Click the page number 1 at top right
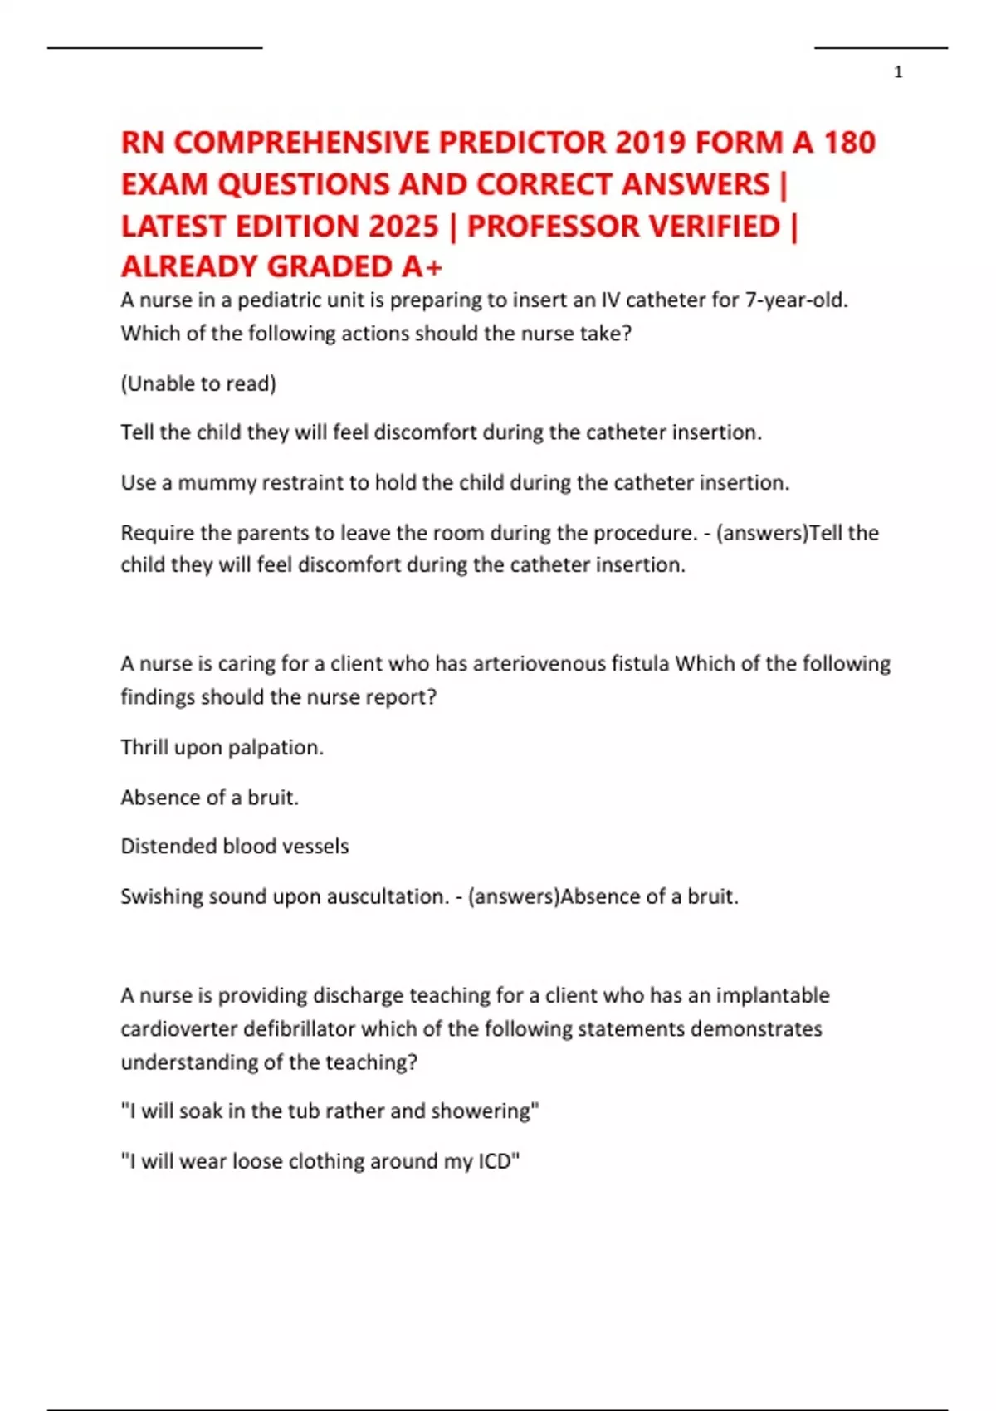tap(898, 72)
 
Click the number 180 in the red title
tap(849, 143)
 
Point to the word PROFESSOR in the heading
tap(623, 226)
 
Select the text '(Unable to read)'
tap(198, 383)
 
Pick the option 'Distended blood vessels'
tap(235, 846)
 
